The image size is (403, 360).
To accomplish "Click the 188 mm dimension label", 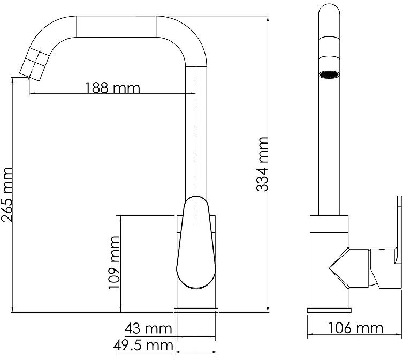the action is point(112,88).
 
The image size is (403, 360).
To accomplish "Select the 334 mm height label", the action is point(262,164).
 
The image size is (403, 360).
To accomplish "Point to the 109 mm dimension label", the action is point(114,262).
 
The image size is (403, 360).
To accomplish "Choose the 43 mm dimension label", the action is point(148,328).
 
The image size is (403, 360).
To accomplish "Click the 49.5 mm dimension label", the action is point(143,346).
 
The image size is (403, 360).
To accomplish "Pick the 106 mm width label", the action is point(356,328).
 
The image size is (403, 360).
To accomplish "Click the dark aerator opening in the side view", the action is point(329,74).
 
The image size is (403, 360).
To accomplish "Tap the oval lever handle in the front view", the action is point(196,242).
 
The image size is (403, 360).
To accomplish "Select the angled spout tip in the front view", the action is point(34,64).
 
